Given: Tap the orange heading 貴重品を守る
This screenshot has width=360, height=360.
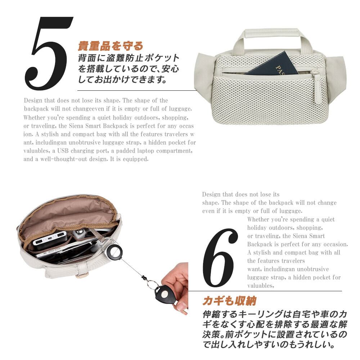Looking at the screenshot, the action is [111, 46].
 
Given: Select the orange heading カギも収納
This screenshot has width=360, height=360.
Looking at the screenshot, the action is [229, 301].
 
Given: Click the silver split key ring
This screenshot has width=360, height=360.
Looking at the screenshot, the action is [152, 284].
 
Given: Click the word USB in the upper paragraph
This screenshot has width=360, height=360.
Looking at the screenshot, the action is [63, 151].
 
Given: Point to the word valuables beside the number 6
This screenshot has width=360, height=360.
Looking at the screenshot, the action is [261, 285].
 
